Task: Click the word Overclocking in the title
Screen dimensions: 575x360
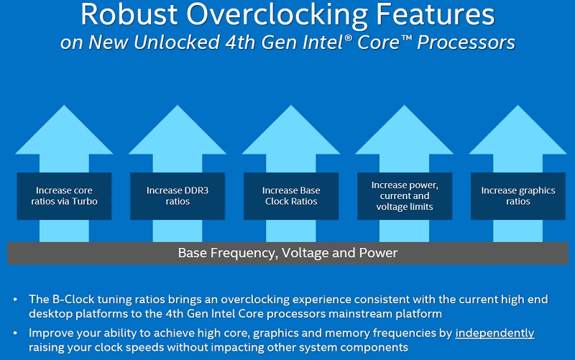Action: (277, 15)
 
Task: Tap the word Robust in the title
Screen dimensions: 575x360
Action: (129, 14)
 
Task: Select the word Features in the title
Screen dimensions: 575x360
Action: (436, 14)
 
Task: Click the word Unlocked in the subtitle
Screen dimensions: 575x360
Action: (176, 42)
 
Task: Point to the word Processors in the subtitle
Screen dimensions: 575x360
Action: (466, 42)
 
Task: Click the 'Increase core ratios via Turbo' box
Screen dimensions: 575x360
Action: (64, 196)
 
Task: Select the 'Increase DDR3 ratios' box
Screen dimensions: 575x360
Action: (178, 196)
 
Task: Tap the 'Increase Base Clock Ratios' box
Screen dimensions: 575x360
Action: (291, 196)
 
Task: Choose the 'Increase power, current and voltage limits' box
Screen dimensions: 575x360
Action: (405, 196)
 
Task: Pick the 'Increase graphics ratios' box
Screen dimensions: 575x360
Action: (517, 196)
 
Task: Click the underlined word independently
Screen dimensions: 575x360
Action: (494, 333)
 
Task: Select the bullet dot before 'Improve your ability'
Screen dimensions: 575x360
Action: (15, 333)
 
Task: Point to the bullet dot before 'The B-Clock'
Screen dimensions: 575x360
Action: (15, 300)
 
